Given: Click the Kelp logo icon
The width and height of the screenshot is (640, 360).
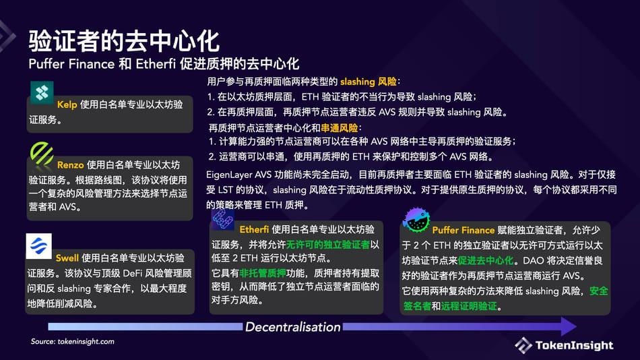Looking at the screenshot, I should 42,92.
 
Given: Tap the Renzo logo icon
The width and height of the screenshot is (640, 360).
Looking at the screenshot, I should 42,154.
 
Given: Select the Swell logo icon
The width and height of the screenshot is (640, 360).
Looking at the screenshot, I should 38,247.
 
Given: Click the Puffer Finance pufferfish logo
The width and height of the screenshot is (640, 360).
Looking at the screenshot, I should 416,219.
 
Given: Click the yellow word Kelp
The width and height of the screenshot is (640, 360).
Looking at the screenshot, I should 67,105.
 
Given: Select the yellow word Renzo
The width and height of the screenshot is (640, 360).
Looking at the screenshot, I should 71,164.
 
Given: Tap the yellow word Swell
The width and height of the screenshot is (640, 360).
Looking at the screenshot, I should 67,258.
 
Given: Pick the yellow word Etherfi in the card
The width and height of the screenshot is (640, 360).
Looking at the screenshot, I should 255,229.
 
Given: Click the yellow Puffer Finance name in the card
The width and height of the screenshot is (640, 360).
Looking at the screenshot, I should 463,230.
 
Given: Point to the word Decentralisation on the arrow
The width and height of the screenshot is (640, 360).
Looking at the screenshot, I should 292,327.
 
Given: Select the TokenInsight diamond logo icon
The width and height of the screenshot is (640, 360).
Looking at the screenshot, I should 523,345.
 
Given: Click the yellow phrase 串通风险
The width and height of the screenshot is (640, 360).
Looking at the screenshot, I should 340,127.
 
